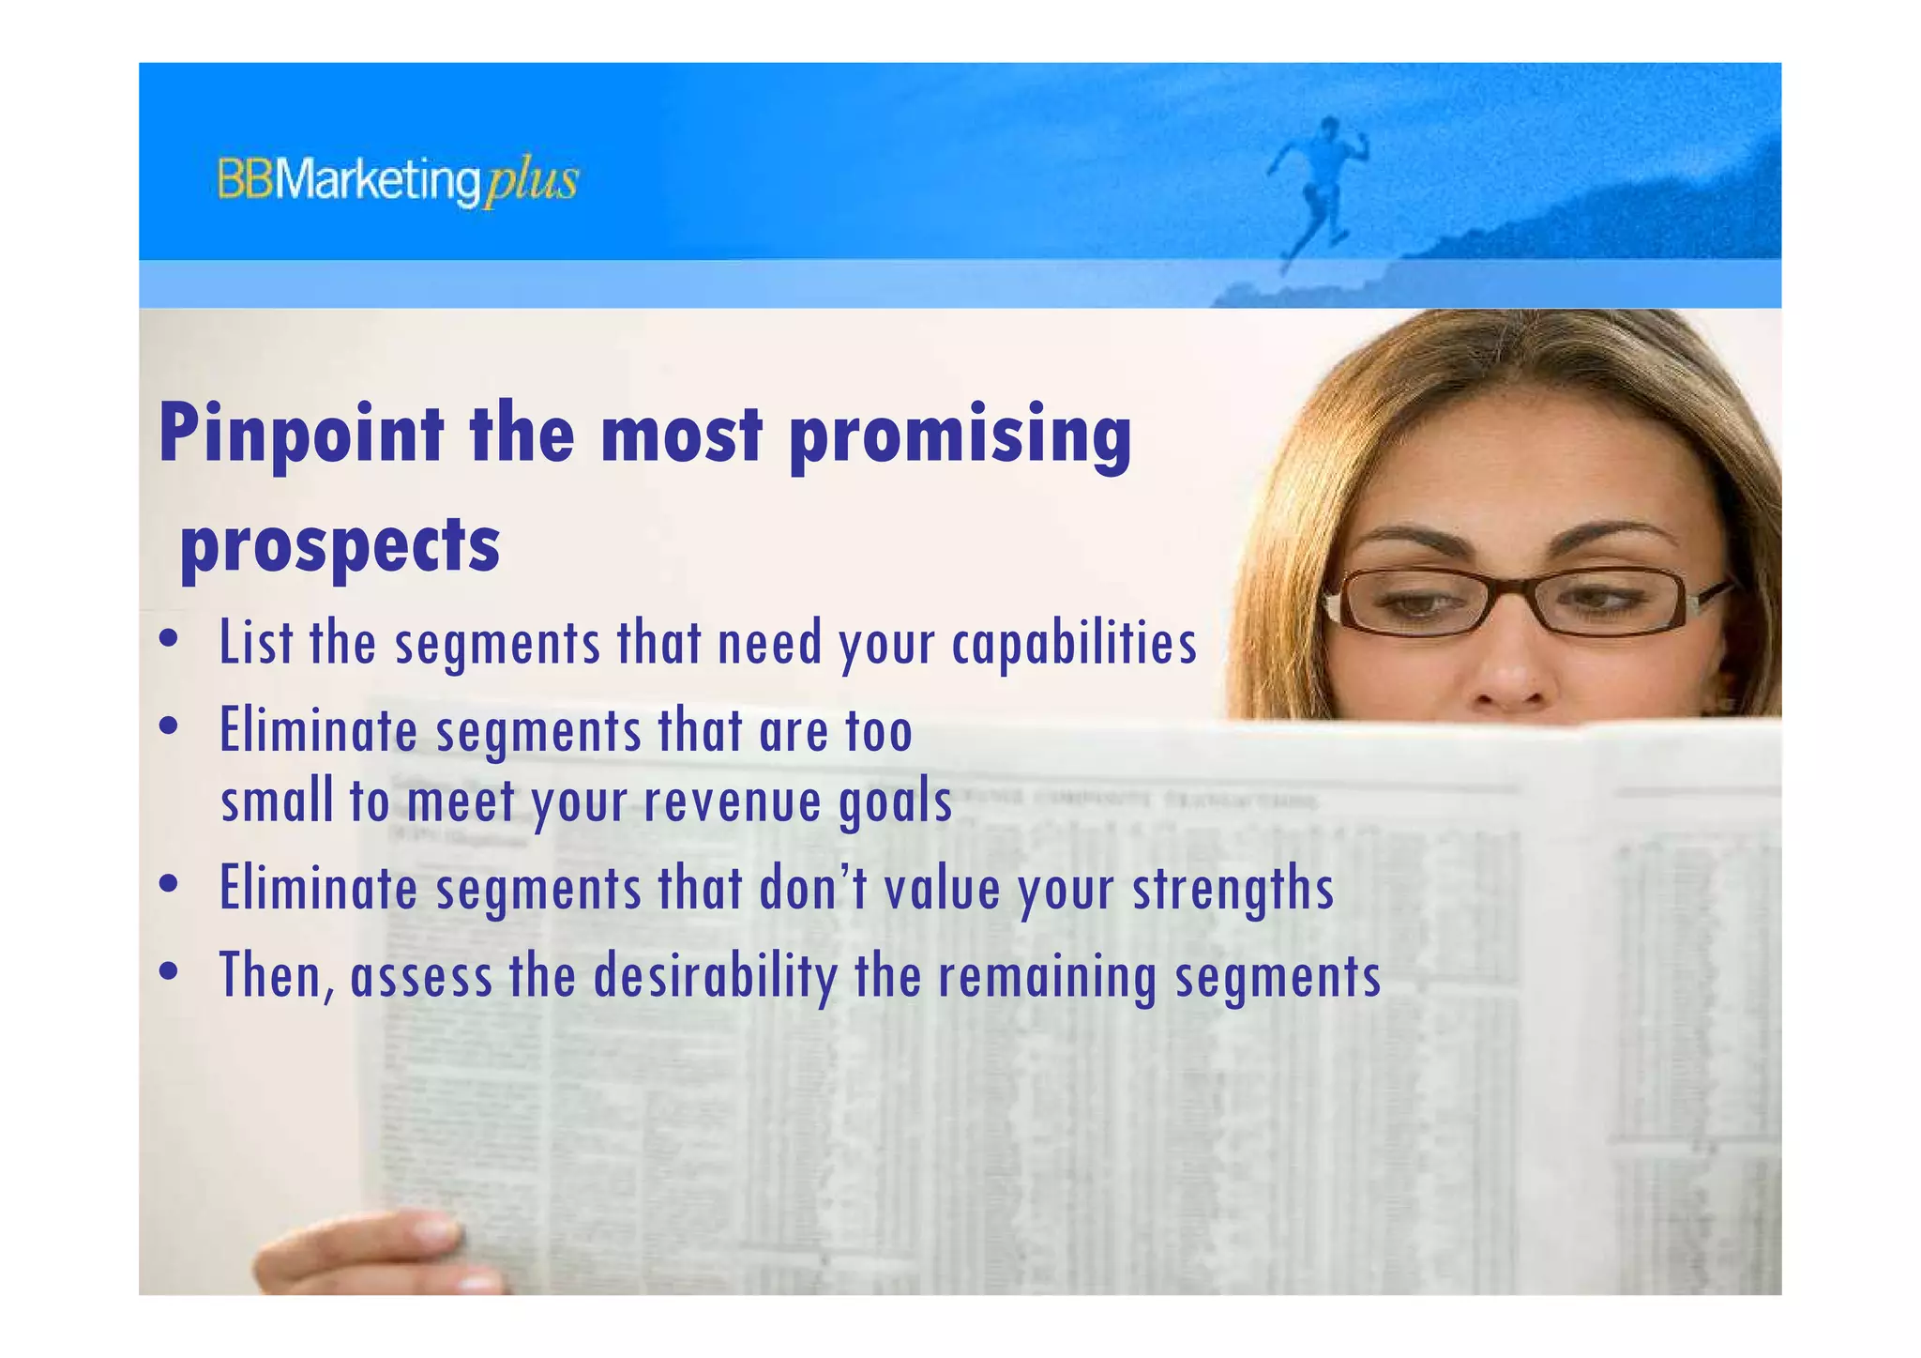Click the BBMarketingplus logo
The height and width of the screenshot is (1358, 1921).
click(x=398, y=181)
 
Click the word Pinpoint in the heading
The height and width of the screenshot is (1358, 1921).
click(x=301, y=434)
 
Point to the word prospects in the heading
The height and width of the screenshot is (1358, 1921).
click(x=340, y=545)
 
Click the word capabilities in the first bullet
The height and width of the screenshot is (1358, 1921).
click(x=1074, y=645)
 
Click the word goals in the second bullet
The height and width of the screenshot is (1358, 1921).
click(x=895, y=802)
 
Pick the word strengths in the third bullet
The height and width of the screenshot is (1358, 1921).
click(x=1233, y=889)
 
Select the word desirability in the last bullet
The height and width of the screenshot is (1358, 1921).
click(x=715, y=976)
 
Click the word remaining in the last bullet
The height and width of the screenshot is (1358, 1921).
click(x=1048, y=976)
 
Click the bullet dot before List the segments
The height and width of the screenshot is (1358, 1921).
click(x=169, y=640)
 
